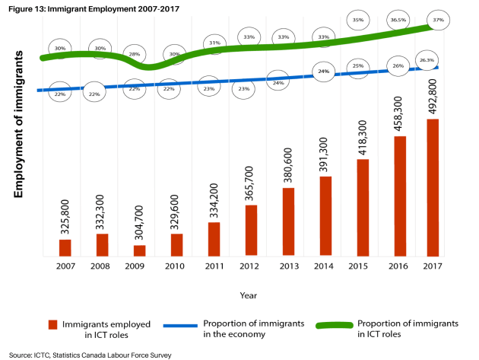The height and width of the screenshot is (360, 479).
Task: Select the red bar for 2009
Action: (139, 250)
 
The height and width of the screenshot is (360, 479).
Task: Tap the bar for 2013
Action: (289, 221)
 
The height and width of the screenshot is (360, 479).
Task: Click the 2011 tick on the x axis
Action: (214, 266)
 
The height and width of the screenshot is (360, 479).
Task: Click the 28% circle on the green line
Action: (135, 54)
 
